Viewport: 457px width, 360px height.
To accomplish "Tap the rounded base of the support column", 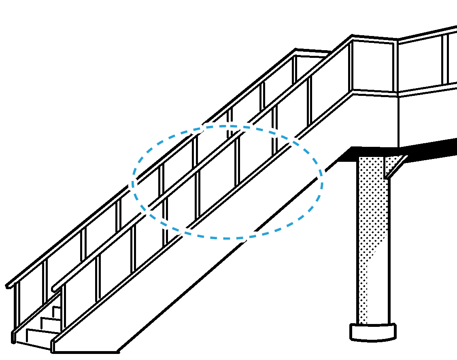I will point(373,332).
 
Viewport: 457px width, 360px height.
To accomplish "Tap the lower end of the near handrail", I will point(56,288).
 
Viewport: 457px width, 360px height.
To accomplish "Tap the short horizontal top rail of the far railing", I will point(314,52).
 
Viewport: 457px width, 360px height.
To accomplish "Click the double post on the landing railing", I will point(445,59).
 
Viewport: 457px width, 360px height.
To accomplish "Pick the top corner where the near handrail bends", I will point(352,38).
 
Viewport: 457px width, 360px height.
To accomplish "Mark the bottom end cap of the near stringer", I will point(53,346).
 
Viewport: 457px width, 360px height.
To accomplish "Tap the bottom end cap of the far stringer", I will point(14,337).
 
